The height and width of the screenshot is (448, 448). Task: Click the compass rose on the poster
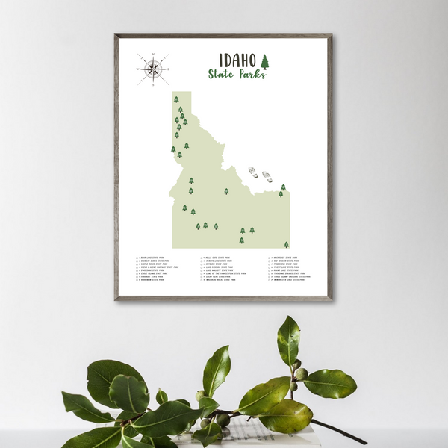pyautogui.click(x=152, y=69)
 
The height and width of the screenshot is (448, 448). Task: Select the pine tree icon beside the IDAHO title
pyautogui.click(x=264, y=61)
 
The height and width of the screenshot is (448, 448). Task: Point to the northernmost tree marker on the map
pyautogui.click(x=176, y=99)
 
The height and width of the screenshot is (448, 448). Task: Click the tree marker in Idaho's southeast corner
pyautogui.click(x=286, y=244)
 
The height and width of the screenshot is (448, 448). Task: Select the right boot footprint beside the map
pyautogui.click(x=267, y=177)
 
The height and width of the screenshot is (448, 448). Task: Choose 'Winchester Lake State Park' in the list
pyautogui.click(x=288, y=280)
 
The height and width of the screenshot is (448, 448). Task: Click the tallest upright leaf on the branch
pyautogui.click(x=288, y=340)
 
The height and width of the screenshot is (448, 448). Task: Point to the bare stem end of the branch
pyautogui.click(x=361, y=441)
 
